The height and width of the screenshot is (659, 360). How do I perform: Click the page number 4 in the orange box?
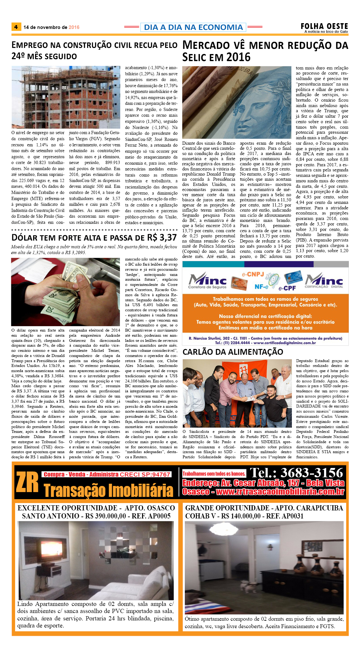tap(16, 27)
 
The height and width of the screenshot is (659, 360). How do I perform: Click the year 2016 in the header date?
tap(74, 27)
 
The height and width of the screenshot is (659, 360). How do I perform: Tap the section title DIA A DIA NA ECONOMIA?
tap(193, 27)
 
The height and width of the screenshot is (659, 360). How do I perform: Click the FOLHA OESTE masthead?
tap(324, 26)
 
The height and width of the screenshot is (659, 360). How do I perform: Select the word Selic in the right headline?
tap(196, 57)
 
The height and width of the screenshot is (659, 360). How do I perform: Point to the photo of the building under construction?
tap(66, 97)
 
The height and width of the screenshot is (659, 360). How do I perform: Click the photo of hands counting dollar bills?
tap(66, 292)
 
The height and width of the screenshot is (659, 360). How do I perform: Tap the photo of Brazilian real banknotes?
tap(237, 102)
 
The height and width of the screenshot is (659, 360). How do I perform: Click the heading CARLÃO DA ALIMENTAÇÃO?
tap(233, 352)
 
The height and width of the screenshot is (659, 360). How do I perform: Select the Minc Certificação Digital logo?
tap(324, 281)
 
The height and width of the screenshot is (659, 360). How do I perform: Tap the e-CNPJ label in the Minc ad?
tap(253, 275)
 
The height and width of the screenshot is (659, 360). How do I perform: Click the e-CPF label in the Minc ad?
tap(287, 288)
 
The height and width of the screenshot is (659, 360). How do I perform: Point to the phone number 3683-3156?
tap(312, 473)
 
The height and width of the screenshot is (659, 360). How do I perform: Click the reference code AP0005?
tap(159, 516)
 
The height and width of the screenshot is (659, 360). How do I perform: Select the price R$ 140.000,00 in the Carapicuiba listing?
tap(241, 516)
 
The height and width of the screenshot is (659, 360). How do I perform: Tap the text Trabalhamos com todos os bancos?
tap(214, 473)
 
